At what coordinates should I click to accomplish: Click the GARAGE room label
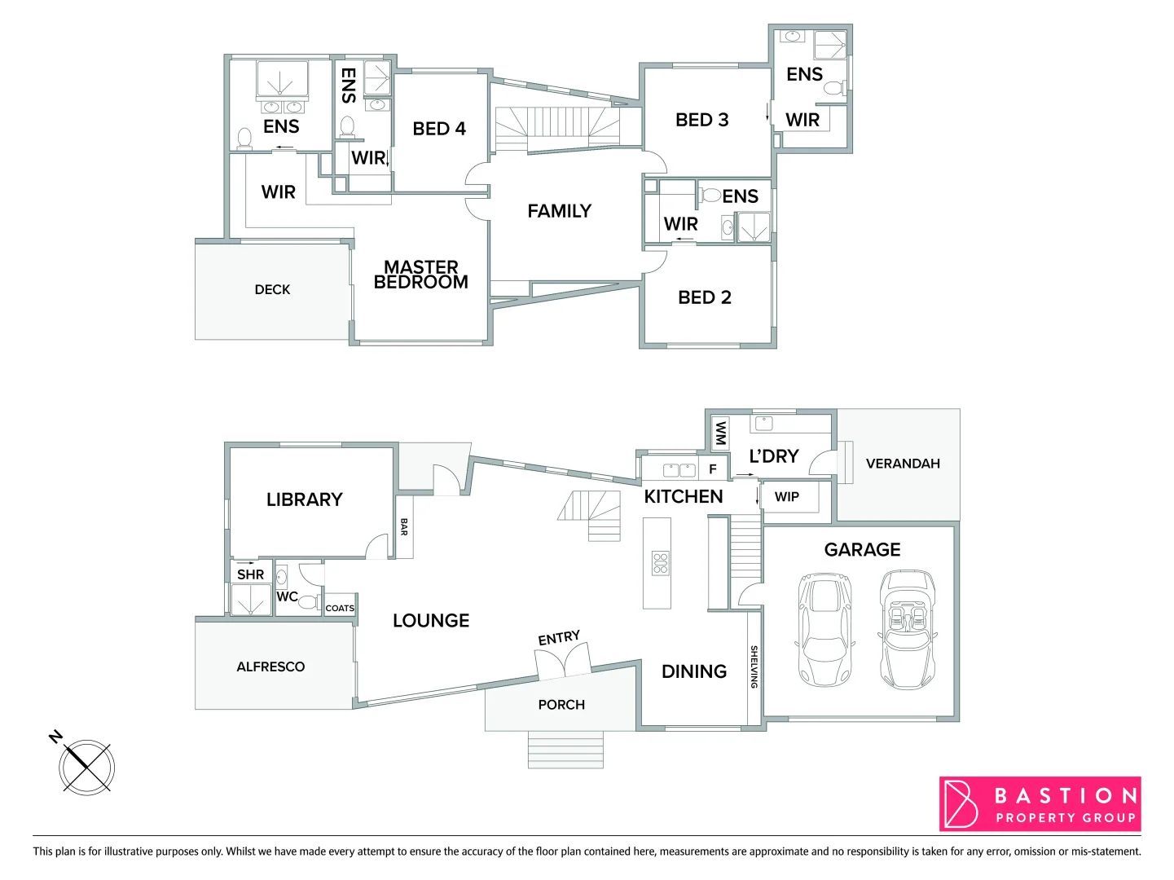click(862, 550)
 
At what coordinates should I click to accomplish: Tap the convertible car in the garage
click(907, 629)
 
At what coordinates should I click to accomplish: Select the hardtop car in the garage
click(824, 629)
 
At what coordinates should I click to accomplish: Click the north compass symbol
click(85, 766)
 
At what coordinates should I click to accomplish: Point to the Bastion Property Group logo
click(1040, 804)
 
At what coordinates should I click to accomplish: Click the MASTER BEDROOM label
click(421, 275)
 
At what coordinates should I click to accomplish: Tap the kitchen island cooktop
click(660, 563)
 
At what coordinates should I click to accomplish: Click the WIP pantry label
click(787, 497)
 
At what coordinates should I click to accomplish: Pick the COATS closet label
click(340, 608)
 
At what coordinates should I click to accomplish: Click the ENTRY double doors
click(563, 660)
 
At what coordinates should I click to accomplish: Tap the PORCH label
click(561, 705)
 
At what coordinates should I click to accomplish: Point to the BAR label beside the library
click(404, 527)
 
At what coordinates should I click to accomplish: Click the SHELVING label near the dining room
click(754, 667)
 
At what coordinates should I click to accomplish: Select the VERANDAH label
click(903, 464)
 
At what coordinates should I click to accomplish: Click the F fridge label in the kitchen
click(713, 469)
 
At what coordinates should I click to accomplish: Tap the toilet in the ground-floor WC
click(306, 603)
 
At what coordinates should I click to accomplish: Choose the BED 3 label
click(702, 120)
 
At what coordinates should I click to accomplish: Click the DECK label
click(272, 290)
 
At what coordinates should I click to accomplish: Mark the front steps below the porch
click(565, 750)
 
